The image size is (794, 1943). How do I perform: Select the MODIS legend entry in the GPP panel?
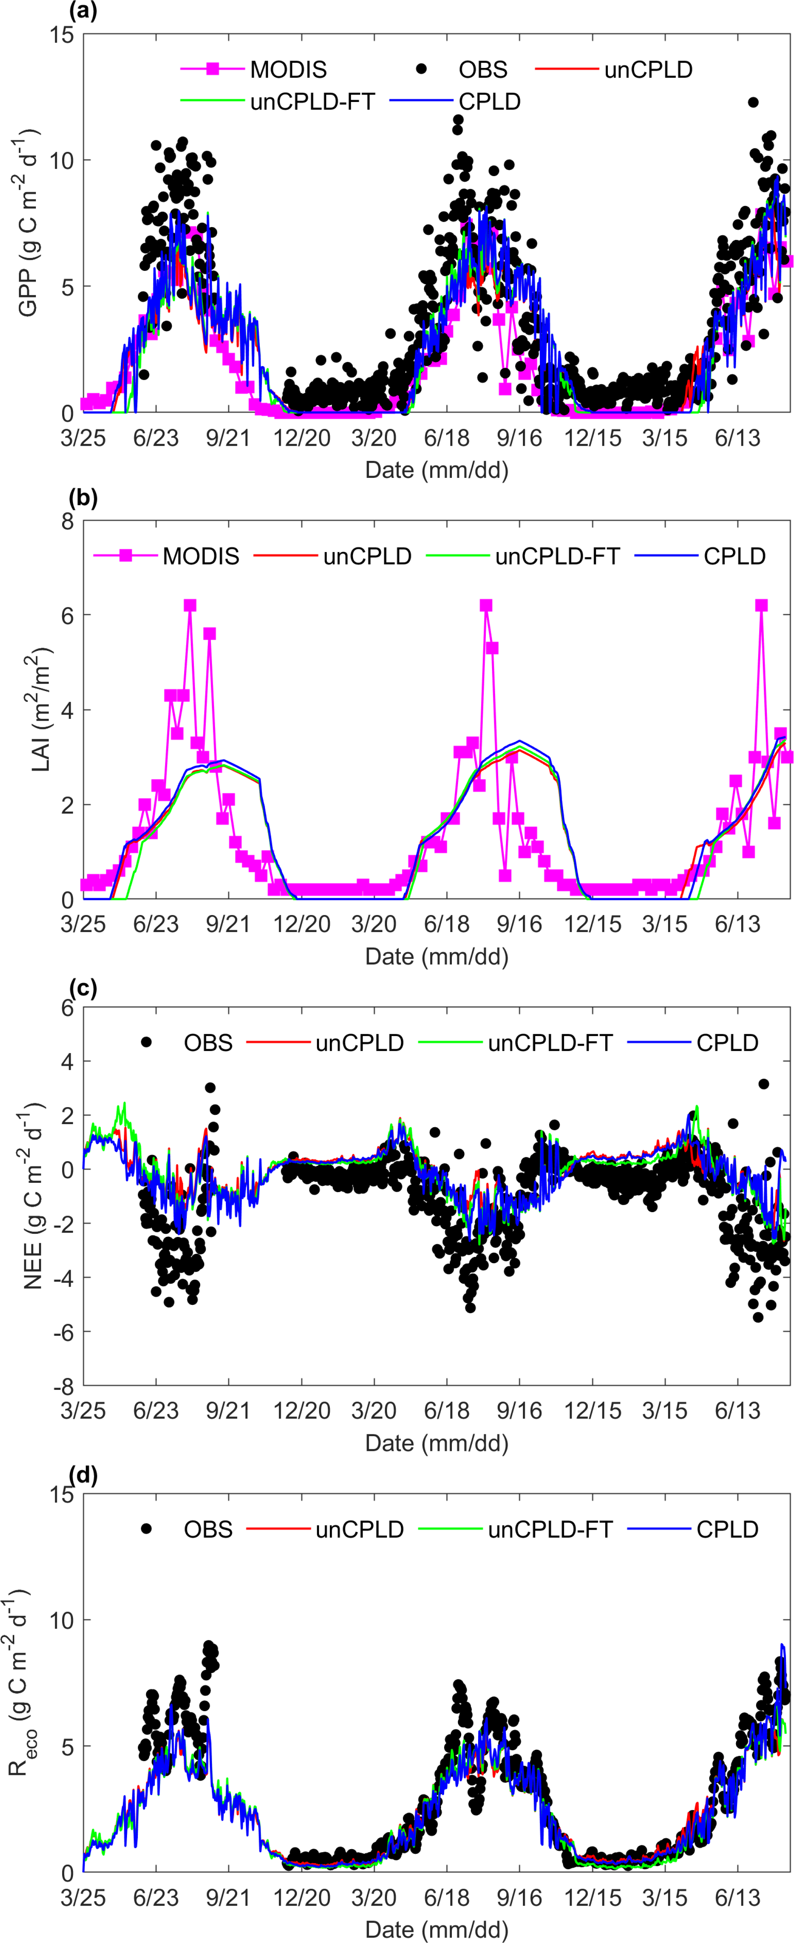(x=288, y=70)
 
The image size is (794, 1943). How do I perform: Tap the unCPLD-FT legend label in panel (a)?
(x=312, y=102)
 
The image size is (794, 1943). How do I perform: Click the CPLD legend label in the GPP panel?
(x=489, y=102)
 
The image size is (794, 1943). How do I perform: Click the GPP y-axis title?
(x=29, y=223)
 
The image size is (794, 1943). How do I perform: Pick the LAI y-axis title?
(x=39, y=709)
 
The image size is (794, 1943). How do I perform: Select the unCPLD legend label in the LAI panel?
(x=367, y=557)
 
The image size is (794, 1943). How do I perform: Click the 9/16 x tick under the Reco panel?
(x=519, y=1897)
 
